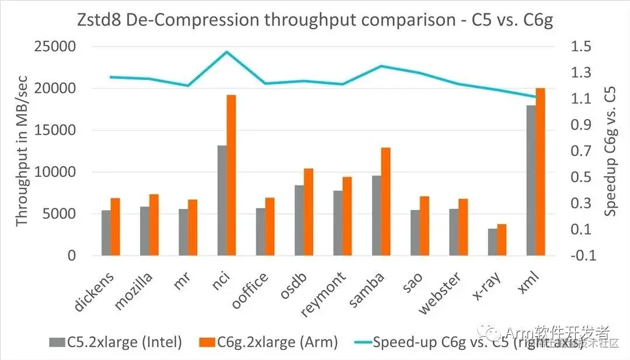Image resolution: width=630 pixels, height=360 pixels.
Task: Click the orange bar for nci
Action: click(x=231, y=175)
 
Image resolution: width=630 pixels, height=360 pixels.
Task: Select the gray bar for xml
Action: click(x=531, y=180)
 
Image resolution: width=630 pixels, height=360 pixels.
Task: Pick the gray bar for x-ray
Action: click(x=492, y=242)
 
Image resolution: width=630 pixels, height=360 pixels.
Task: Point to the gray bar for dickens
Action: click(x=106, y=233)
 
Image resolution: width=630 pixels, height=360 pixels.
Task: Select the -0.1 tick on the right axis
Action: click(x=581, y=256)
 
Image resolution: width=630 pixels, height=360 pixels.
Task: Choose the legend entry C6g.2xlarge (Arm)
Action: click(x=269, y=342)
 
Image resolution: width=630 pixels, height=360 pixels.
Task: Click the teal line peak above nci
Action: click(x=227, y=51)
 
